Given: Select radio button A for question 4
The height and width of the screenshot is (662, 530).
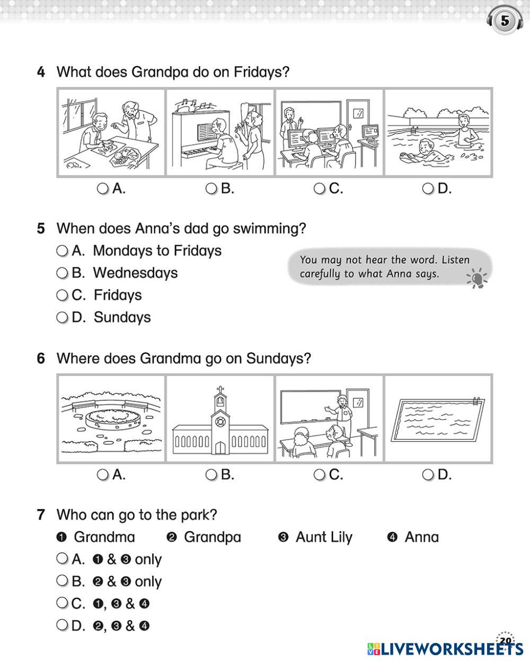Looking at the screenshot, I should click(103, 189).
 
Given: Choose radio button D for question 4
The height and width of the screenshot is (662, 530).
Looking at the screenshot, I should click(428, 189).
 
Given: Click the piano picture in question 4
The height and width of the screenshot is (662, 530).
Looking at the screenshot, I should click(220, 132).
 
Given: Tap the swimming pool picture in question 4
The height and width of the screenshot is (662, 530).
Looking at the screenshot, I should click(438, 132).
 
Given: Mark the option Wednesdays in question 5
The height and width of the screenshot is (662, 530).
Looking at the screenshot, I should click(63, 273).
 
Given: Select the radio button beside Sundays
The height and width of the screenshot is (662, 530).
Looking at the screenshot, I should click(63, 318).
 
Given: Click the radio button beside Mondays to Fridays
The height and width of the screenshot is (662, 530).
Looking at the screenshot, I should click(63, 251).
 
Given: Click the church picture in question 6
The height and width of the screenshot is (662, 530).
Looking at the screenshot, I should click(220, 418).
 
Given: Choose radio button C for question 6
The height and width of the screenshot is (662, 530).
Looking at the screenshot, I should click(319, 475).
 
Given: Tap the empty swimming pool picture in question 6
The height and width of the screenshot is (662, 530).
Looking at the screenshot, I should click(438, 418).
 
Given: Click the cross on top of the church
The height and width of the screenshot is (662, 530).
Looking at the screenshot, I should click(219, 391).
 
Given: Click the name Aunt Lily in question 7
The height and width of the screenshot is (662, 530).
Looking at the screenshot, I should click(323, 537).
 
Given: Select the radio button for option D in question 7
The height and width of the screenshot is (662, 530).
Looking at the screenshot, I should click(63, 625).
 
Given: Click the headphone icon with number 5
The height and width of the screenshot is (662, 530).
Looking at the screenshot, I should click(505, 22).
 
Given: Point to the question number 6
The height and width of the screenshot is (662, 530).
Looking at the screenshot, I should click(41, 359).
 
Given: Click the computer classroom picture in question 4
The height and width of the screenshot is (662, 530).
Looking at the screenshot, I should click(329, 132).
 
